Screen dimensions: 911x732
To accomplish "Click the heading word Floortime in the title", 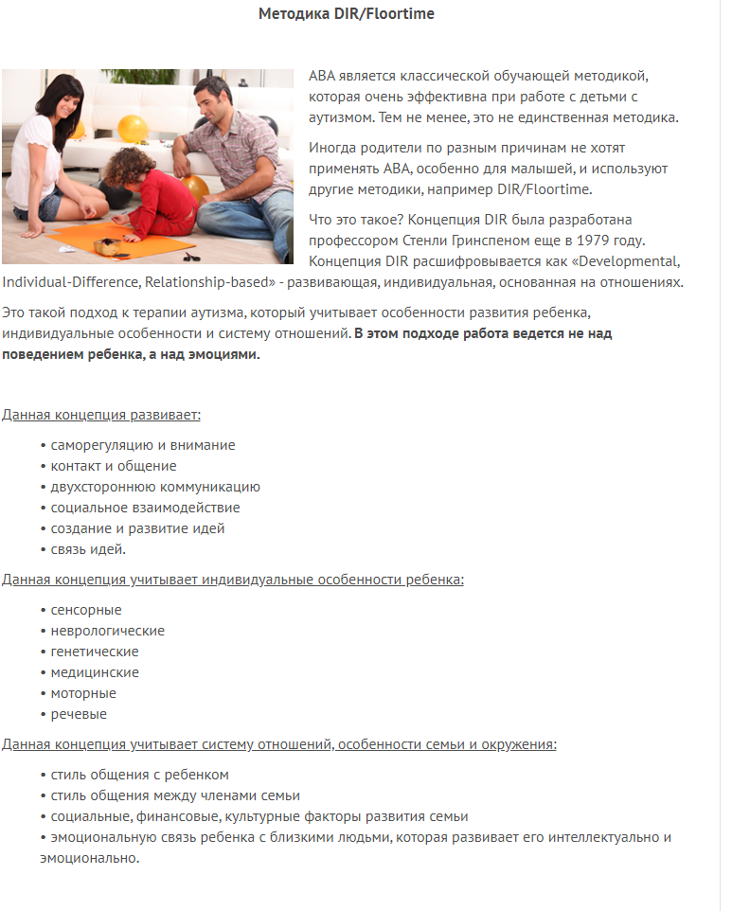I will (x=398, y=14).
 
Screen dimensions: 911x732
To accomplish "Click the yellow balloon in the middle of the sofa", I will (x=133, y=128).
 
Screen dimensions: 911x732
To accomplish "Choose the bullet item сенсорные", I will (x=85, y=610).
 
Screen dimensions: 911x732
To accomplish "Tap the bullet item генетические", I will (x=94, y=652).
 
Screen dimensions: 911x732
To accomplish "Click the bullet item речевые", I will (x=79, y=714).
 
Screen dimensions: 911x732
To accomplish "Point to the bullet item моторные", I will (x=83, y=693).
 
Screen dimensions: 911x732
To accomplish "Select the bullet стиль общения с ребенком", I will (x=139, y=775).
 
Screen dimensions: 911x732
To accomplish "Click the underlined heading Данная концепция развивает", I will (x=100, y=415).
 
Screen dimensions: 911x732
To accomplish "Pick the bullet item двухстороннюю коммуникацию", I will (x=155, y=487).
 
